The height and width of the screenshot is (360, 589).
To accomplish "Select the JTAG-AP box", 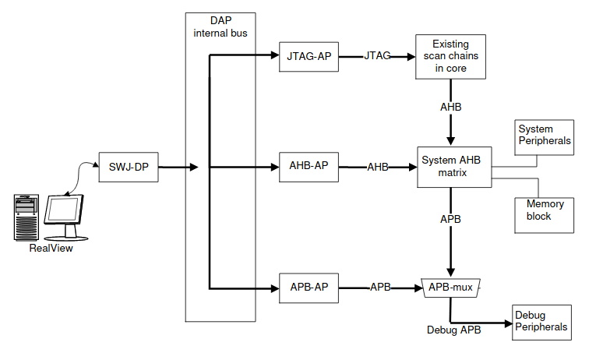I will [x=309, y=56].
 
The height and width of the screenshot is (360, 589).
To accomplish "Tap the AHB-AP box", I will [x=309, y=167].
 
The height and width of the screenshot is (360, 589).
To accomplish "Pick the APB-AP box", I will [x=309, y=287].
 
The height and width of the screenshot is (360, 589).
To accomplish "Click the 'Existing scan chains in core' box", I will [x=451, y=56].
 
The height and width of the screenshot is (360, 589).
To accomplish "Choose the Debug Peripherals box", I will [x=541, y=320].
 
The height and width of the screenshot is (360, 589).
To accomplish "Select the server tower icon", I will [x=26, y=217].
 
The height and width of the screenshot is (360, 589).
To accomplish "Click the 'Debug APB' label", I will [x=453, y=330].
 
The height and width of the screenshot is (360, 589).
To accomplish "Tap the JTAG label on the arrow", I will [x=377, y=56].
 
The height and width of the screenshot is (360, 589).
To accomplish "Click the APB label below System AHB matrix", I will [x=450, y=219].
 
